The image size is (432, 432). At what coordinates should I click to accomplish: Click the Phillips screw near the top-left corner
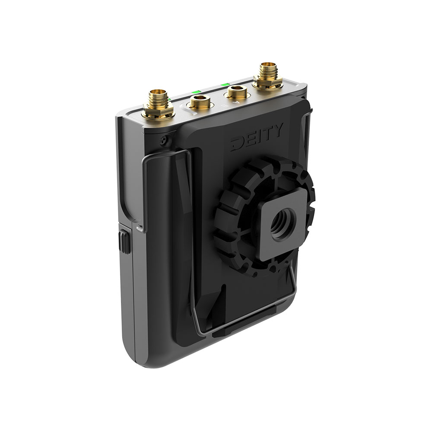[163, 139]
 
